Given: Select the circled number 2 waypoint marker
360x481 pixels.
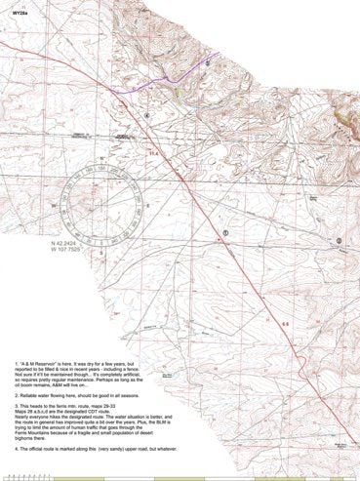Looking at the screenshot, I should pos(338,239).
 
